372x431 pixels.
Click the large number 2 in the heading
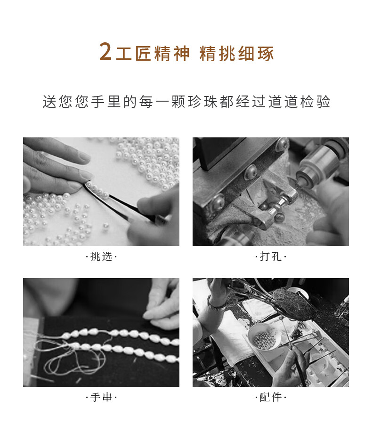click(x=105, y=51)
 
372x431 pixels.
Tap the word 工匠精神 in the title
click(x=153, y=53)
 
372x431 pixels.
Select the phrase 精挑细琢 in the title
click(x=237, y=53)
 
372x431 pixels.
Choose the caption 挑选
click(x=101, y=256)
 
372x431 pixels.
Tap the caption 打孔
click(x=270, y=256)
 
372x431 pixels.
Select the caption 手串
click(x=101, y=397)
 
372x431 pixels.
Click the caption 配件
click(x=270, y=397)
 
